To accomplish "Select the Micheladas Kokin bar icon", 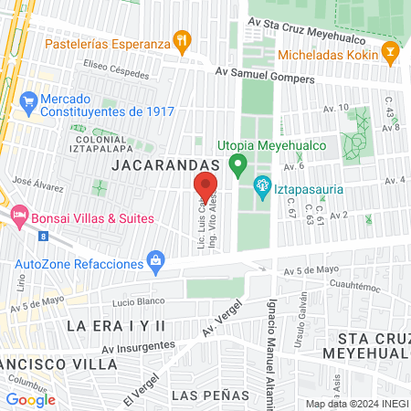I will pos(390,53).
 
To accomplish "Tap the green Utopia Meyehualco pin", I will pos(237,165).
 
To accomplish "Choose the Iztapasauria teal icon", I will pos(262,185).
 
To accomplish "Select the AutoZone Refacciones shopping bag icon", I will pos(157,262).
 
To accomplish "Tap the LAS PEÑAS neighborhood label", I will pos(205,395).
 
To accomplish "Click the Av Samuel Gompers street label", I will pos(265,79).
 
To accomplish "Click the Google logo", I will pos(31,399).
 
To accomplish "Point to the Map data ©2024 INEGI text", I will pos(356,404).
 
